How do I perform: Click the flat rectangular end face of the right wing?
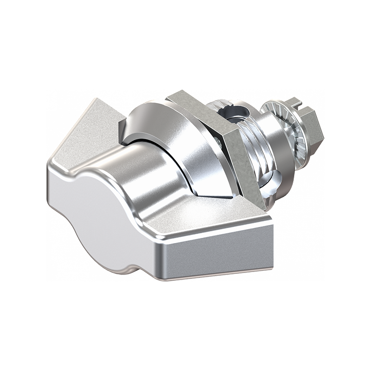tap(218, 257)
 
